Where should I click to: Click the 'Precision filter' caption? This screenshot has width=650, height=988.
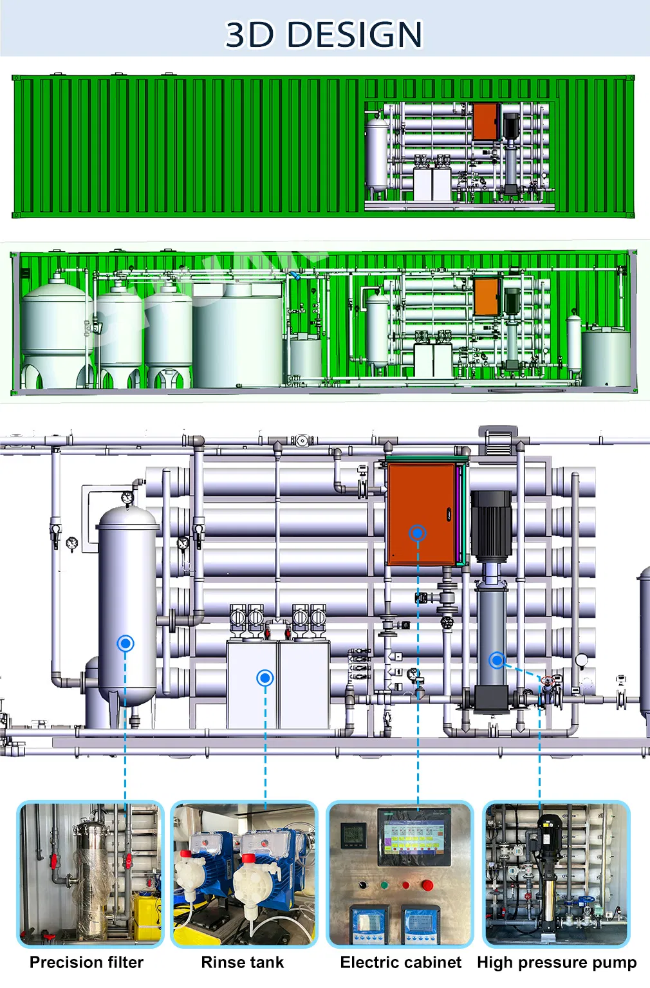[86, 962]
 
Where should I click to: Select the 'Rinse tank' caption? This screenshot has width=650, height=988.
[242, 962]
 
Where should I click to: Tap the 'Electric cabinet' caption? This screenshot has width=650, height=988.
[400, 962]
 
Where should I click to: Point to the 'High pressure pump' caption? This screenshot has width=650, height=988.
[556, 962]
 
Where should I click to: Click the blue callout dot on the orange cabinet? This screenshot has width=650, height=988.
[418, 533]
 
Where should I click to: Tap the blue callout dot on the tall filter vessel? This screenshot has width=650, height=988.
[125, 643]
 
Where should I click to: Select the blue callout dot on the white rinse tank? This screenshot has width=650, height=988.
[265, 677]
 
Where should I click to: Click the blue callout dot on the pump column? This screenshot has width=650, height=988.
[496, 660]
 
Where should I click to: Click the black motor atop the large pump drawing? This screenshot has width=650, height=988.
[492, 525]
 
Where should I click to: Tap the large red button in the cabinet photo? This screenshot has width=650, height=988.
[427, 886]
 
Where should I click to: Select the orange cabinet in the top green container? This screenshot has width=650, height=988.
[485, 121]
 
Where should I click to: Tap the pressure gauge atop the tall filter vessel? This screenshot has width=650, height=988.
[127, 498]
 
